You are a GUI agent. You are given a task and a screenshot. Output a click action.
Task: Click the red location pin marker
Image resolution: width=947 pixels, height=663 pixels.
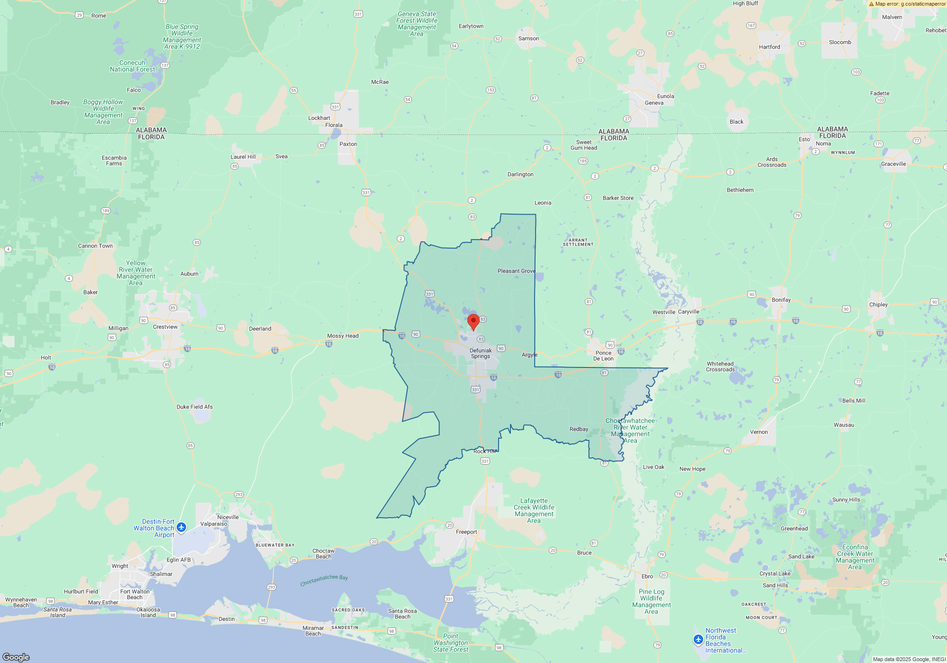[473, 322]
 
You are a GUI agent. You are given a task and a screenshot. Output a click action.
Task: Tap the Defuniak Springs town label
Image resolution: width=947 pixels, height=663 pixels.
[481, 353]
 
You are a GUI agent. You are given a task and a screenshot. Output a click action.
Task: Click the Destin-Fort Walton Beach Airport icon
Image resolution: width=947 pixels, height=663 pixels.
[181, 527]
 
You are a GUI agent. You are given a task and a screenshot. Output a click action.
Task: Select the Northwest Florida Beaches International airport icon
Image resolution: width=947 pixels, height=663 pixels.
[698, 640]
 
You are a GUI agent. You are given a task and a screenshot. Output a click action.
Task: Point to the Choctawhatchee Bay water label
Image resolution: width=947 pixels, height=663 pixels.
[324, 580]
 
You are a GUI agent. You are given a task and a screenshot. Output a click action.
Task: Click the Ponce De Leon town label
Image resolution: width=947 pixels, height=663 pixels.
[603, 356]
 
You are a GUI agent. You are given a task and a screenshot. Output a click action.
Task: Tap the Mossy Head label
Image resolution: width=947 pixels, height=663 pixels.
[343, 336]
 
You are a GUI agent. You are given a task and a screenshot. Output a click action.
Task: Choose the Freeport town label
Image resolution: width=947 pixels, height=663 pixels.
[466, 532]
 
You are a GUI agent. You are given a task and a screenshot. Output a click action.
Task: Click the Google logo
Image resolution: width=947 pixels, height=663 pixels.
[16, 657]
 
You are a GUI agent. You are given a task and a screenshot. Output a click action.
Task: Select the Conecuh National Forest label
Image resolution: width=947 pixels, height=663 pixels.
[133, 66]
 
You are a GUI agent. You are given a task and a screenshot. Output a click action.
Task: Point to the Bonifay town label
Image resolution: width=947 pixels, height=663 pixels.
[781, 300]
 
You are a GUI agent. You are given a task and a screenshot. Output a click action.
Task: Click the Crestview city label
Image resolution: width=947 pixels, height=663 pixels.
[165, 327]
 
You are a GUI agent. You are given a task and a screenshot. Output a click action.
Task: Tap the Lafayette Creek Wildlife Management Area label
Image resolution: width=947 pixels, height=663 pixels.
[534, 511]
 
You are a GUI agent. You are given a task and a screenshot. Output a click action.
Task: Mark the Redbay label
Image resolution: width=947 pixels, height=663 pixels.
[579, 429]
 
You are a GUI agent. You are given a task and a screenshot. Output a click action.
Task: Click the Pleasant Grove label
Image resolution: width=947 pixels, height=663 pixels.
[517, 271]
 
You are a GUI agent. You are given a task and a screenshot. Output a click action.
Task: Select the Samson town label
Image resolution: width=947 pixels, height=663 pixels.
[528, 38]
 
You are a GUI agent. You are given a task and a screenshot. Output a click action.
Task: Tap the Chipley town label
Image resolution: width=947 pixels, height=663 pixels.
[878, 305]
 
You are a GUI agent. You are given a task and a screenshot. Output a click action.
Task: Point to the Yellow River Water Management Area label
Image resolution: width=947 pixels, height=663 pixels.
[136, 273]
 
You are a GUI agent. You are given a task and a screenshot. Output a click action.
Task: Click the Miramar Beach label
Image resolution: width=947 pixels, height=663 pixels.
[313, 631]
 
